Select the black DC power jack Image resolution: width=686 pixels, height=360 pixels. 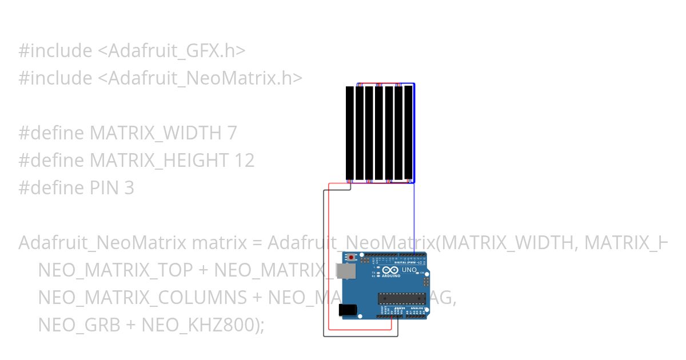(348, 310)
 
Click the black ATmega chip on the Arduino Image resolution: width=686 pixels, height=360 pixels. (402, 298)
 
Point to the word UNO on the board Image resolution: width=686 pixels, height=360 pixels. (409, 269)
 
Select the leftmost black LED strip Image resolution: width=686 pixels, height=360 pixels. (350, 133)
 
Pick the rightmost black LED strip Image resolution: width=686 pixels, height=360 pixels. (408, 133)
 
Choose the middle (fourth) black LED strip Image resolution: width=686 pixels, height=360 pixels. (379, 133)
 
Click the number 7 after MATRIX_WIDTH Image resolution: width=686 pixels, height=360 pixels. (231, 133)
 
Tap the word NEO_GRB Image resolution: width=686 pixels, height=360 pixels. (79, 325)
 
